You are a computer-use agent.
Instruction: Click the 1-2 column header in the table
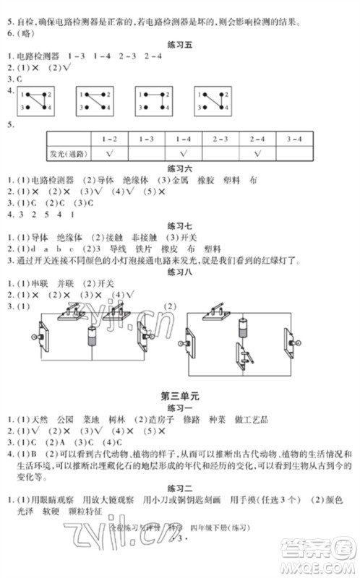(110, 137)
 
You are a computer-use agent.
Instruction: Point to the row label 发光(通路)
(68, 153)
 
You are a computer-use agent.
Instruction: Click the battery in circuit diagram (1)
(92, 337)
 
